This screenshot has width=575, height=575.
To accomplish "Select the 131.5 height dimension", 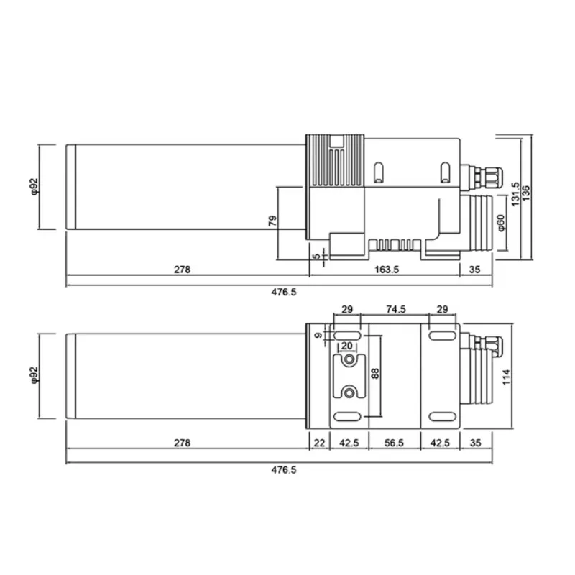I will (x=515, y=194).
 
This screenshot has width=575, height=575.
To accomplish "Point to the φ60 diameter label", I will (x=502, y=223).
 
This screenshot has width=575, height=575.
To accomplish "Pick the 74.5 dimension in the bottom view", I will (x=395, y=309).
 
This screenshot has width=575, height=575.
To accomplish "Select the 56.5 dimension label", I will (x=395, y=443).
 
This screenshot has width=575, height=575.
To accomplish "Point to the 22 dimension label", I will (x=319, y=443).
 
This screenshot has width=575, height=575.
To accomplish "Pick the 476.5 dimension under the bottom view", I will (x=283, y=470).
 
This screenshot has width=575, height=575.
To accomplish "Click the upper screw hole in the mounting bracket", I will (x=349, y=359).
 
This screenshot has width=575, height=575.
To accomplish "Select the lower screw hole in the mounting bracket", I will (x=349, y=392).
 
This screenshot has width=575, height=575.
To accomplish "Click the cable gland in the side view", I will (x=484, y=173).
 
